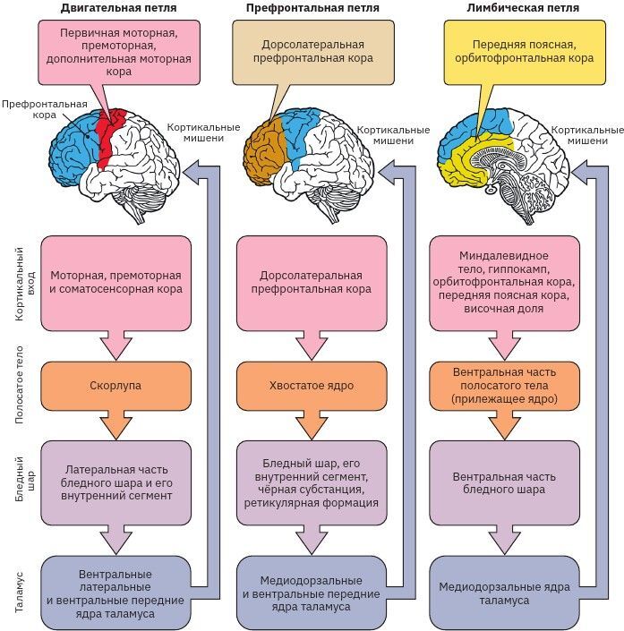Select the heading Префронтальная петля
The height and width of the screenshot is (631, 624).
312,8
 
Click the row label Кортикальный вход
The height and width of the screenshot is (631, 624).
21,286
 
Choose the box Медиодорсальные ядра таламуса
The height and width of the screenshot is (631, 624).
506,593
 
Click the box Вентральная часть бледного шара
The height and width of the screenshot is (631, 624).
506,483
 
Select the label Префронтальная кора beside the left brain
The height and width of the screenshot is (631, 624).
34,109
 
